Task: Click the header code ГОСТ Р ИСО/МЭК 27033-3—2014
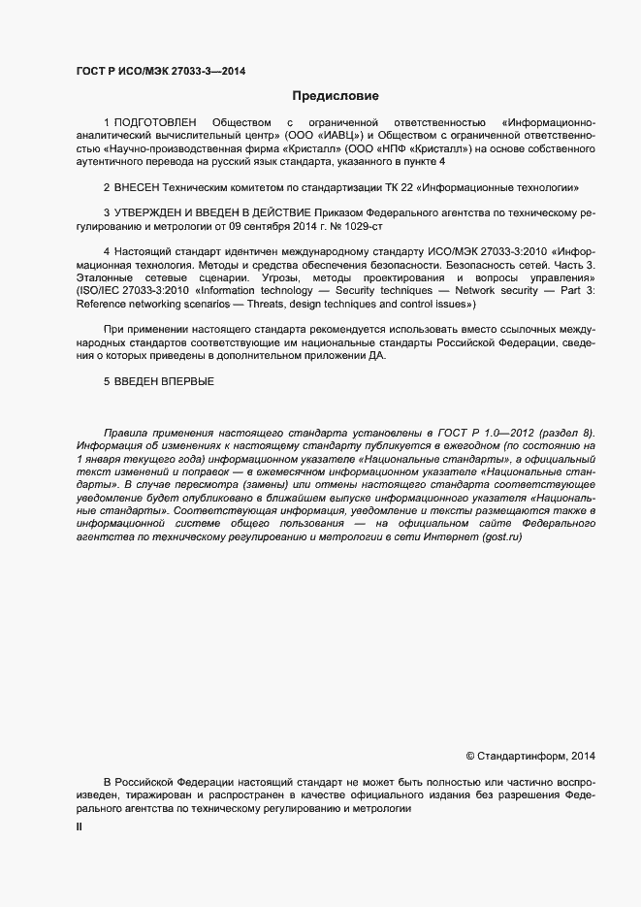(x=159, y=71)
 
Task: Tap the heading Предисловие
(x=336, y=96)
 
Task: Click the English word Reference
(x=102, y=304)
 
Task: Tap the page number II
(x=80, y=826)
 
